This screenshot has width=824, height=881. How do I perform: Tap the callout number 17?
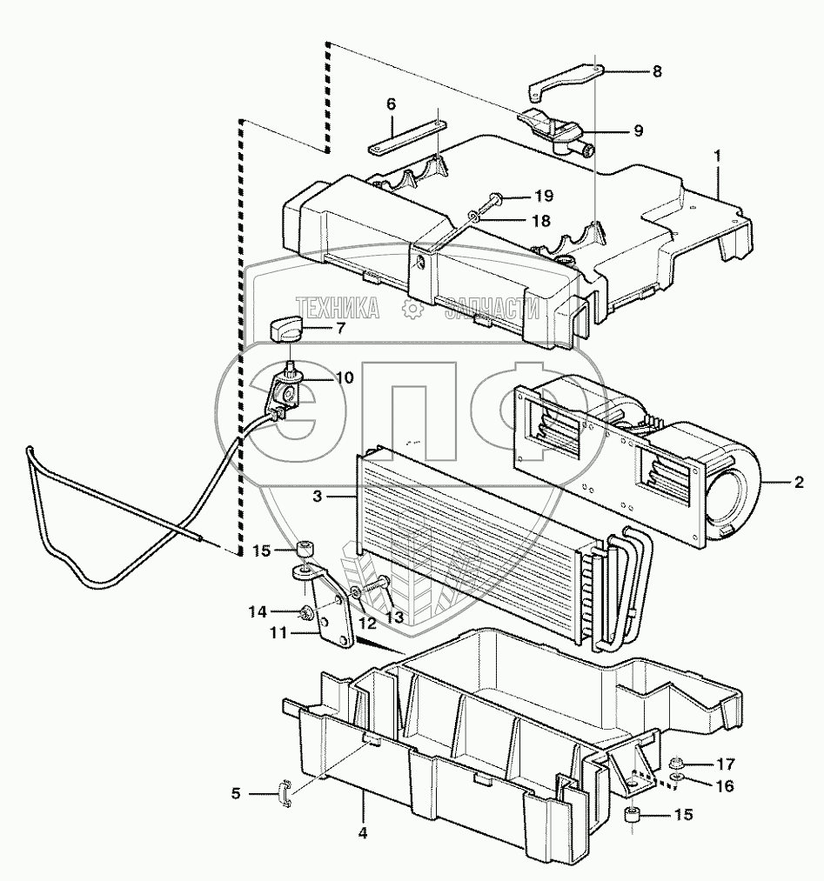pyautogui.click(x=725, y=764)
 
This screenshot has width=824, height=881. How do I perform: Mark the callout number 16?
pyautogui.click(x=725, y=786)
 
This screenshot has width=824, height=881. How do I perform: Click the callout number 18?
pyautogui.click(x=540, y=221)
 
